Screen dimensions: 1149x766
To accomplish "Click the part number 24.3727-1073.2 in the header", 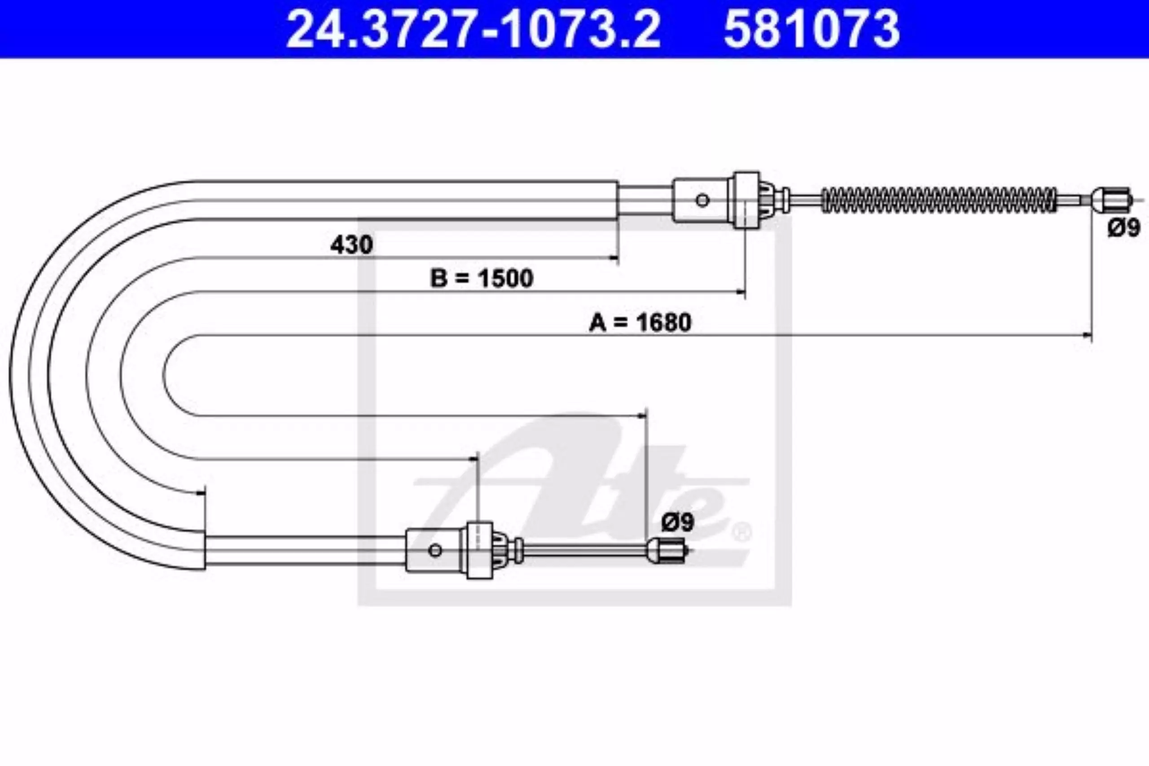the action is (x=473, y=29).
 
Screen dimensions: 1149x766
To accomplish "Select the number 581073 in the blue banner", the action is (x=811, y=29).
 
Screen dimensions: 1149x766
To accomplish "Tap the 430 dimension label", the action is (x=351, y=244).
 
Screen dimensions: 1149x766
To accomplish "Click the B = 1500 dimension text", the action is (x=482, y=279).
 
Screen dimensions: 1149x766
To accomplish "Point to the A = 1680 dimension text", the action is (x=640, y=323).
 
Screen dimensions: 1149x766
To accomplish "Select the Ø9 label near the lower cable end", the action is (x=678, y=522).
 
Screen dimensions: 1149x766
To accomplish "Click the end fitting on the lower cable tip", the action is (x=667, y=551).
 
